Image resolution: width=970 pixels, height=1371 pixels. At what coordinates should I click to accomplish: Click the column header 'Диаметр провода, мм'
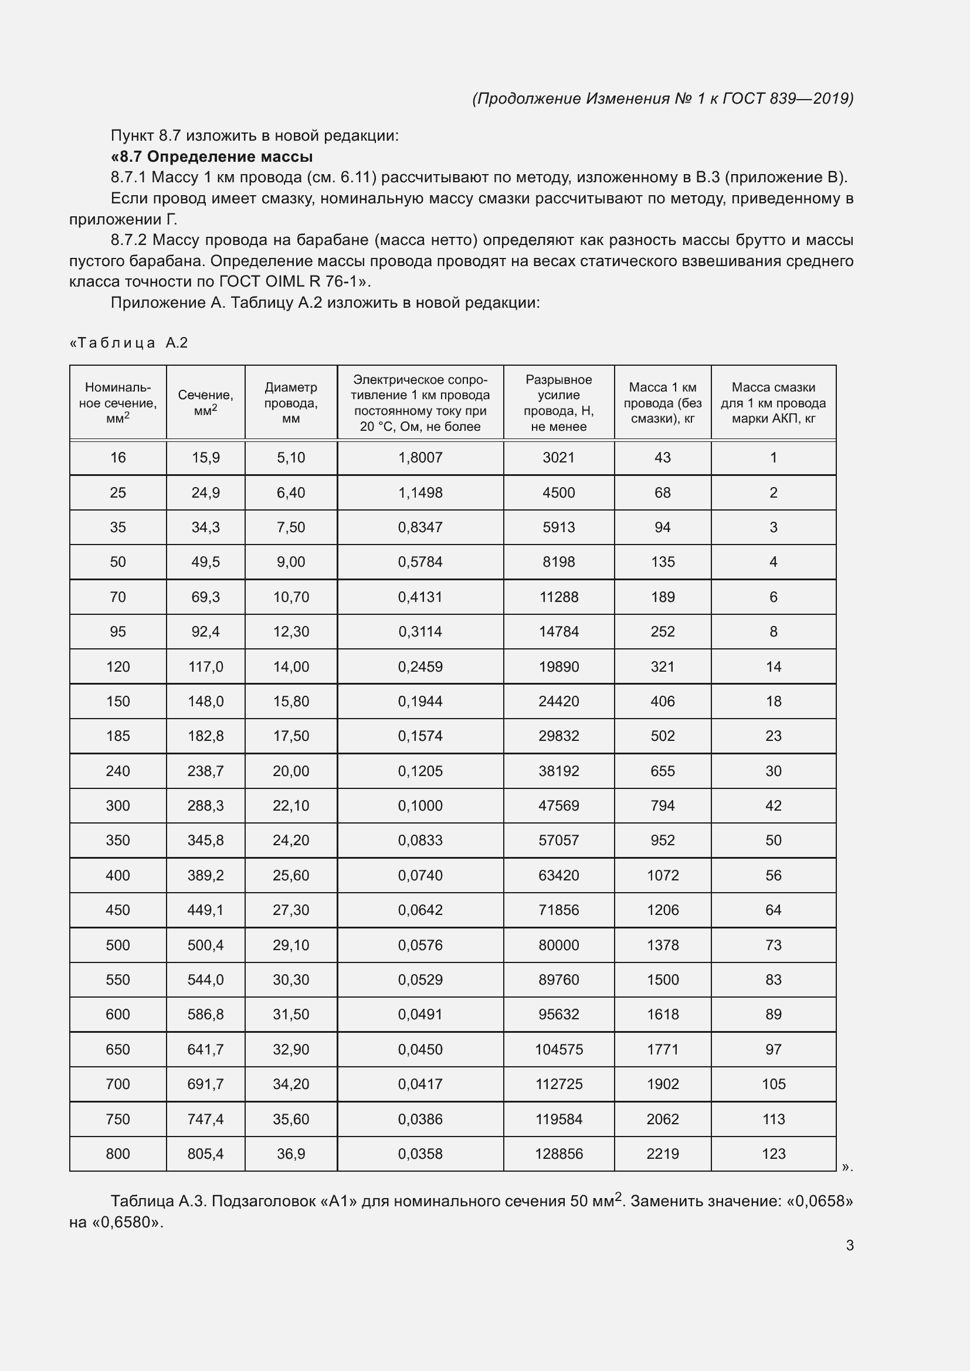click(291, 403)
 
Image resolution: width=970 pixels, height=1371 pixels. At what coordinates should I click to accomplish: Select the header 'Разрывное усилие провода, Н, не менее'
click(558, 403)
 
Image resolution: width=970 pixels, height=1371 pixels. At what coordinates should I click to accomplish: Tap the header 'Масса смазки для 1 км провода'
click(773, 403)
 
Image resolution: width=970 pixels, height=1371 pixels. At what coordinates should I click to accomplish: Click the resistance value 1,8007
click(420, 457)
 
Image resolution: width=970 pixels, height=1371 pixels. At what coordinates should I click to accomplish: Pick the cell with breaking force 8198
click(558, 562)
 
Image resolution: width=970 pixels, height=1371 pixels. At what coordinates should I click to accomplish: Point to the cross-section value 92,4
click(205, 631)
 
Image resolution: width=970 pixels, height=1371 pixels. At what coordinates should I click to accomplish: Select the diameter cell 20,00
click(291, 771)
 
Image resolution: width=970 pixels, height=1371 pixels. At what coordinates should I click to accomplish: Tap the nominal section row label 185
click(118, 736)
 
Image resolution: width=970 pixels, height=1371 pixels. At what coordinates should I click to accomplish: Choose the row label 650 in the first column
click(118, 1049)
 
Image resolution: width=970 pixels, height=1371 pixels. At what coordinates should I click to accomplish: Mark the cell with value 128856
click(558, 1154)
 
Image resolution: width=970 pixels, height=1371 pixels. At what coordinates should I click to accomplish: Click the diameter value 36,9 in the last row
click(291, 1154)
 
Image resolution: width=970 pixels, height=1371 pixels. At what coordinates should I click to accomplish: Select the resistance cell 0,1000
click(420, 805)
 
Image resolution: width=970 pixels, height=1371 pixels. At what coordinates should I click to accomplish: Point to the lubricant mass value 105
click(773, 1084)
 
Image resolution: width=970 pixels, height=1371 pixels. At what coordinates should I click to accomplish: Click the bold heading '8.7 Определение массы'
click(212, 157)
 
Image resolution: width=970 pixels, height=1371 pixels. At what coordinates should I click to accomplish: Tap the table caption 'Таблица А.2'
click(130, 343)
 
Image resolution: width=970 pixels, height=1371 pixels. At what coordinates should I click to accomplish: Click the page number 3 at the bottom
click(849, 1245)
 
